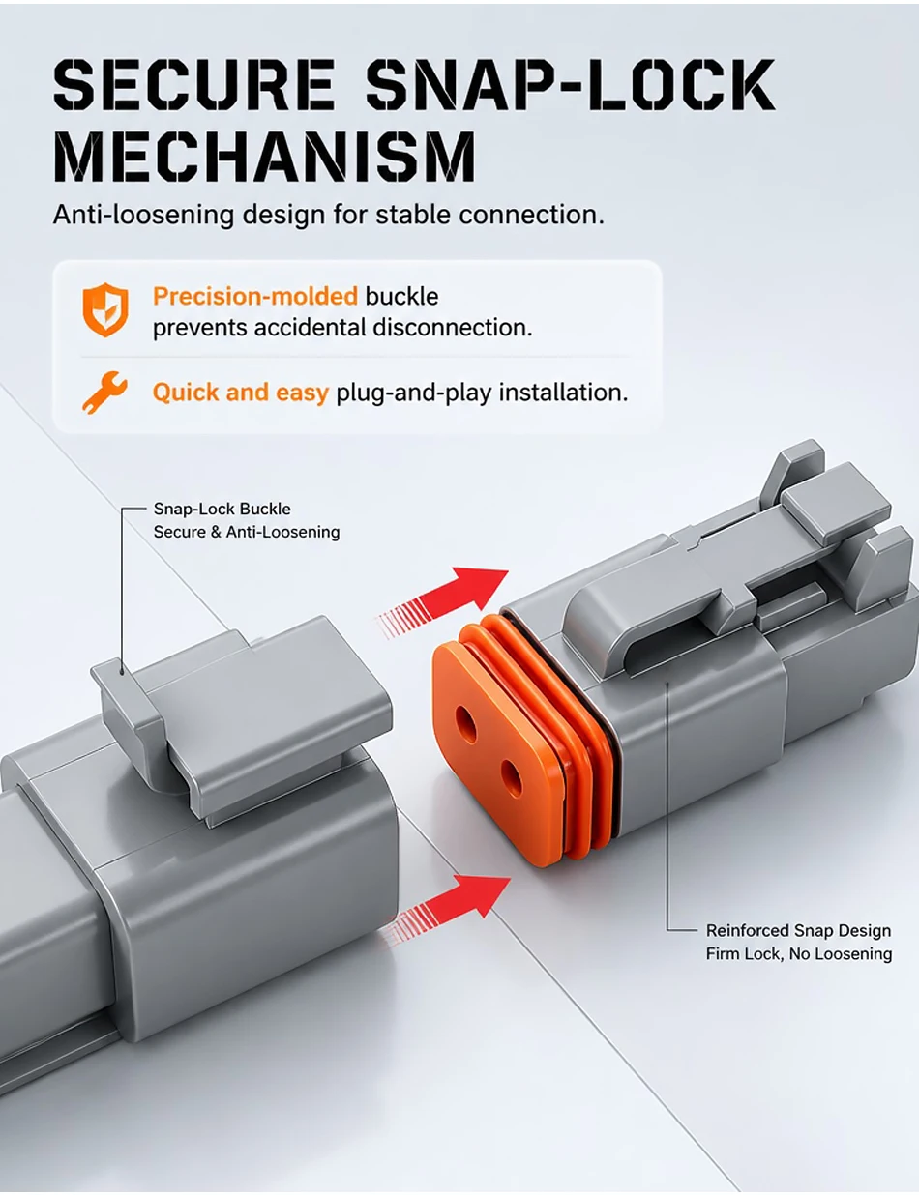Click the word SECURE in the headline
194,84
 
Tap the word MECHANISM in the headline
264,156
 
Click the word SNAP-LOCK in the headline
571,84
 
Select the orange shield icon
105,309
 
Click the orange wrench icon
104,393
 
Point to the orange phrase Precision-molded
255,297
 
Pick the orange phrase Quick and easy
240,393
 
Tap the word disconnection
453,328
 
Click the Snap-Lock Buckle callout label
222,509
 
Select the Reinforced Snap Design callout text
798,930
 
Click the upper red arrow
443,603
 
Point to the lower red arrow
446,910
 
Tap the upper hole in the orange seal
467,725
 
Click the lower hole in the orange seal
513,778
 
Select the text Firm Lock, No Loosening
798,953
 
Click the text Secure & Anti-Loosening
247,532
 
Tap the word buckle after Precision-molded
402,297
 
